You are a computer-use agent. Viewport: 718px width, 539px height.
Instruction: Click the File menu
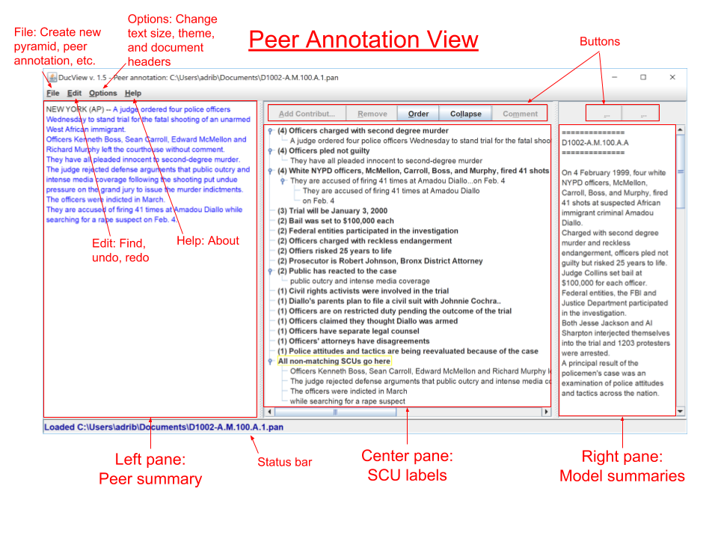pyautogui.click(x=52, y=94)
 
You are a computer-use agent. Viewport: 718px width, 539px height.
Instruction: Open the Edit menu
pyautogui.click(x=74, y=94)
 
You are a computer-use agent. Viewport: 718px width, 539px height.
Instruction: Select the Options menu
pyautogui.click(x=102, y=94)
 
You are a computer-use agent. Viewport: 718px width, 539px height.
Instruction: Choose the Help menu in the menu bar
pyautogui.click(x=132, y=94)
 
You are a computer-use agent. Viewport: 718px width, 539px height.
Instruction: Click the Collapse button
pyautogui.click(x=466, y=114)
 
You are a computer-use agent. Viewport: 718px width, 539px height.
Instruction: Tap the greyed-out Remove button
pyautogui.click(x=372, y=114)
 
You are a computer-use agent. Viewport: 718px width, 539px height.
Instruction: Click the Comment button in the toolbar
pyautogui.click(x=520, y=114)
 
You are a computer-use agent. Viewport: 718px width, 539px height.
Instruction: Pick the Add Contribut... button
pyautogui.click(x=307, y=114)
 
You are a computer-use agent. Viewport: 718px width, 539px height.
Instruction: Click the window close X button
pyautogui.click(x=672, y=76)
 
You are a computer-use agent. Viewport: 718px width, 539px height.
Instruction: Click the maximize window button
pyautogui.click(x=642, y=76)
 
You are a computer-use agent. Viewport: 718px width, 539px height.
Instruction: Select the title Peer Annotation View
pyautogui.click(x=363, y=40)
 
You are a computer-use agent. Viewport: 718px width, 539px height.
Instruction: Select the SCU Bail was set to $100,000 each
pyautogui.click(x=336, y=221)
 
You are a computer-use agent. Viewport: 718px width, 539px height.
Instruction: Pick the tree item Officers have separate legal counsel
pyautogui.click(x=349, y=331)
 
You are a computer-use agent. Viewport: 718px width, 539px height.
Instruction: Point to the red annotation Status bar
pyautogui.click(x=284, y=462)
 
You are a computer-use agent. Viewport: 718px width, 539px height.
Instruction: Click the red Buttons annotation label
pyautogui.click(x=600, y=42)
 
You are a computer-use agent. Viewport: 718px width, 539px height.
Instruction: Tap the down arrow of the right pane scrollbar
pyautogui.click(x=680, y=411)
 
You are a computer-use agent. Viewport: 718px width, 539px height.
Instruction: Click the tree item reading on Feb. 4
pyautogui.click(x=319, y=201)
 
